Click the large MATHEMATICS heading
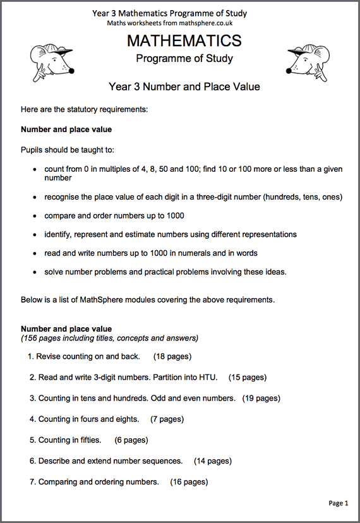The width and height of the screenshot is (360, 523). click(x=184, y=41)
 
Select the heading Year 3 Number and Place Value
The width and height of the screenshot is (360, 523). click(x=184, y=87)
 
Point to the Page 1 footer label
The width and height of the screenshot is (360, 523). click(x=338, y=503)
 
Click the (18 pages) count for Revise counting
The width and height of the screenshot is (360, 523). click(x=172, y=356)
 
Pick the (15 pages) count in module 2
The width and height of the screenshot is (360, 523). click(x=248, y=377)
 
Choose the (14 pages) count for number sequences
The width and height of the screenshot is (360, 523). click(x=213, y=460)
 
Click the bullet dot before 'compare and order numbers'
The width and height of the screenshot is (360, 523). click(x=33, y=216)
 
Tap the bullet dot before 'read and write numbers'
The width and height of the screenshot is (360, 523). click(x=33, y=253)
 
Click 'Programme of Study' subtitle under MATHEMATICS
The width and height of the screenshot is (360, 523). click(x=184, y=59)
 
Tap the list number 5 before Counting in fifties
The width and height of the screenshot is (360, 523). click(x=32, y=440)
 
